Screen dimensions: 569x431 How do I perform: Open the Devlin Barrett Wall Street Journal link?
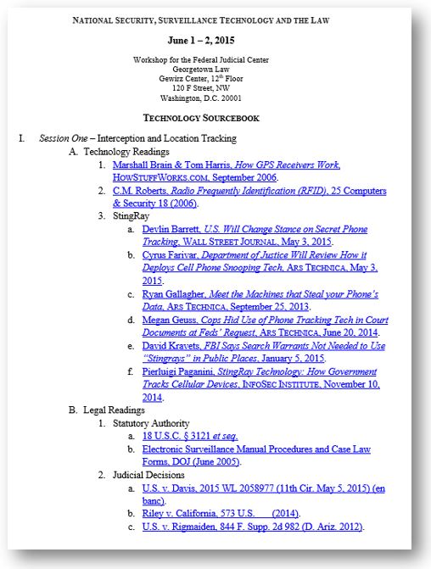click(262, 229)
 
